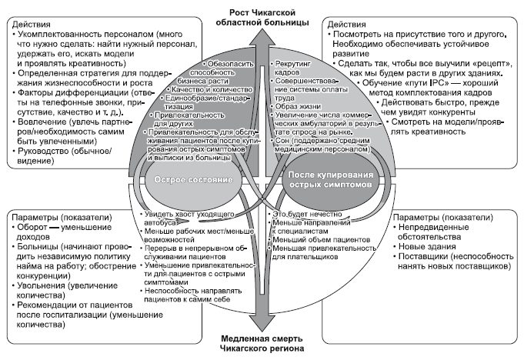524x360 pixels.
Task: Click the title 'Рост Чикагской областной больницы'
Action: pyautogui.click(x=262, y=15)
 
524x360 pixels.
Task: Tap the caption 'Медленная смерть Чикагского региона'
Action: pyautogui.click(x=262, y=342)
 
